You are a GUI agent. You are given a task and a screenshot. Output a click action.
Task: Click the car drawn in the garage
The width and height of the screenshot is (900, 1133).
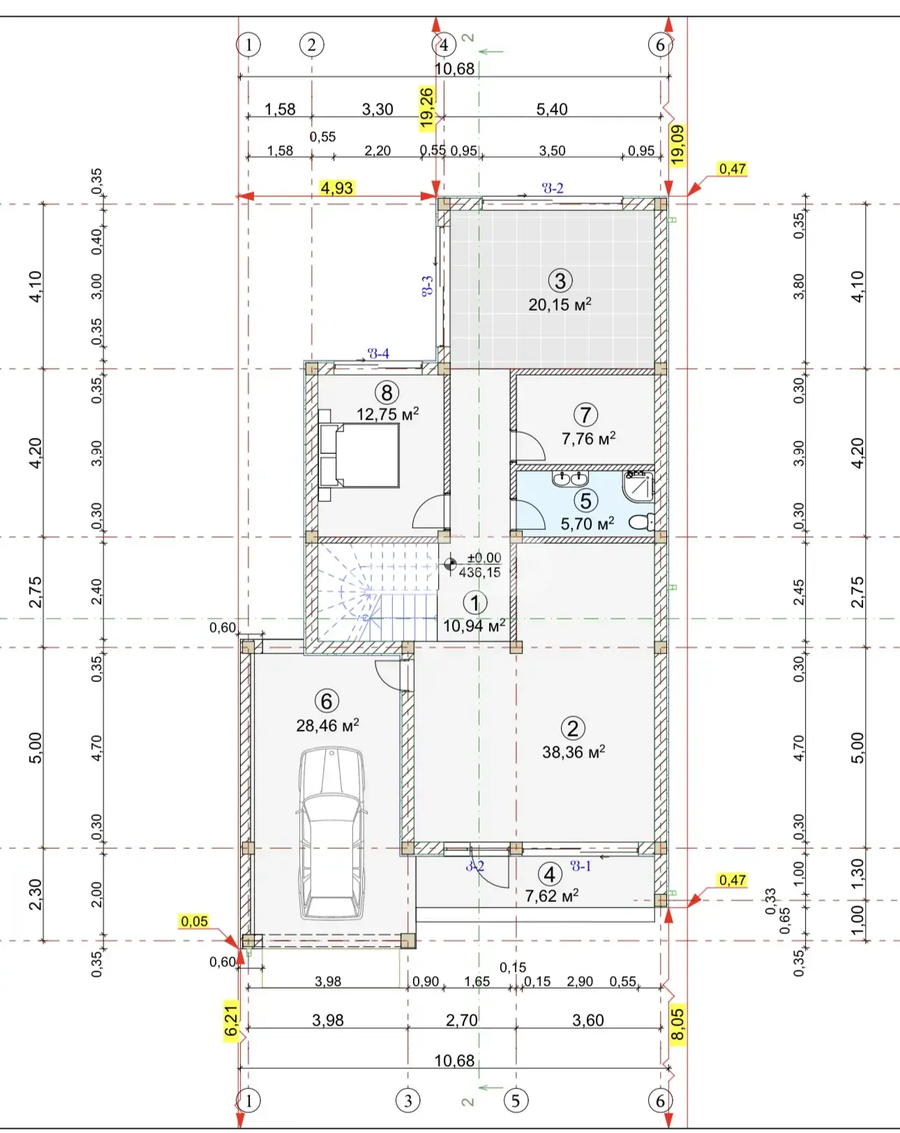coord(331,834)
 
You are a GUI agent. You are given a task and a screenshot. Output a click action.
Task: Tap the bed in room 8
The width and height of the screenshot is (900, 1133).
coord(359,455)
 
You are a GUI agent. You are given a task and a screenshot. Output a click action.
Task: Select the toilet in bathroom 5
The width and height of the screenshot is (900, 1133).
coord(642,521)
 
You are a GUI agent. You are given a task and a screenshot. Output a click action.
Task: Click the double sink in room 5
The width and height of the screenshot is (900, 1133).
coord(570,479)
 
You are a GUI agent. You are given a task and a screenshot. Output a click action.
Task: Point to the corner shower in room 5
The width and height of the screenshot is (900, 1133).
coord(638,486)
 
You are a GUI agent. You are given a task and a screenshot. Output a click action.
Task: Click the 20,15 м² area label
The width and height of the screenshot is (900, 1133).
coord(560,304)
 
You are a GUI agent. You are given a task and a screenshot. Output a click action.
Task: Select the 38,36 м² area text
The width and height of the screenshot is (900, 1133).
coord(573,752)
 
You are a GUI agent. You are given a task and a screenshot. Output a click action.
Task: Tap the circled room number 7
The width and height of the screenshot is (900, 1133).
coord(585,415)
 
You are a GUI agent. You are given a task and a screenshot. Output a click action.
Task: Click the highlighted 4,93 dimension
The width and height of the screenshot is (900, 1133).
coord(337,188)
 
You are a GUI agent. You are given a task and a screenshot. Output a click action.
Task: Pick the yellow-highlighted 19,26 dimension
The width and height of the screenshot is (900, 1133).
coord(426,108)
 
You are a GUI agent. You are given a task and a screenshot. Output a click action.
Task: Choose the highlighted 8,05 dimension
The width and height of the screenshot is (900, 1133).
coord(677,1024)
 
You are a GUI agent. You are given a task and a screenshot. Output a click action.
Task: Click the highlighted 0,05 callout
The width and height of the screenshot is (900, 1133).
coord(194,921)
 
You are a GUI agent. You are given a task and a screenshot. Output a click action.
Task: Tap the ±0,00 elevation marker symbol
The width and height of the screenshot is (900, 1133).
coord(450,564)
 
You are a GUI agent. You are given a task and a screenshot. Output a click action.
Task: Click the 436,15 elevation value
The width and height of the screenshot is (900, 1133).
coord(479,572)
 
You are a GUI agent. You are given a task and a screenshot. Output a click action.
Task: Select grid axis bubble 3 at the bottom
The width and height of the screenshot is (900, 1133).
coord(408,1100)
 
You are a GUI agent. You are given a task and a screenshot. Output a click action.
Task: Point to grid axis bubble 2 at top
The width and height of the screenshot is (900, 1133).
coord(312,45)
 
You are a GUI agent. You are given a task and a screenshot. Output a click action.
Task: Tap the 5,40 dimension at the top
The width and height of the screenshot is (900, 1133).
coord(552,109)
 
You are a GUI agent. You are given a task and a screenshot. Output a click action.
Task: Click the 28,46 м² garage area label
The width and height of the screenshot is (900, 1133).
coord(327,725)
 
